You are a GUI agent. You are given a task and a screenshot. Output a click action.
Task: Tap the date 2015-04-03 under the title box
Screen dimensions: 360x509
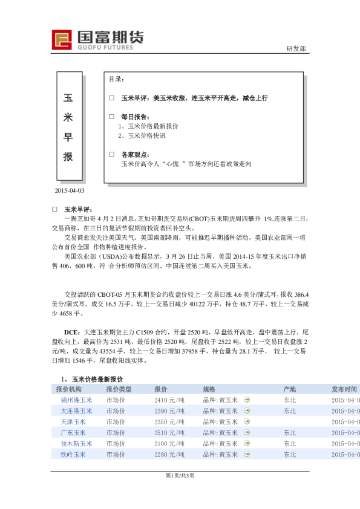[70, 190]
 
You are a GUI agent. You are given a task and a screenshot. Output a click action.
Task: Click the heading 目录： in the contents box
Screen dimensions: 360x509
[116, 79]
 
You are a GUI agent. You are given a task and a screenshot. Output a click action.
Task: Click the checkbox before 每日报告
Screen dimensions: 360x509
[111, 116]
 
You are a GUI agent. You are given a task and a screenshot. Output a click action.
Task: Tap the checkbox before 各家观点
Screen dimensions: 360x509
[111, 154]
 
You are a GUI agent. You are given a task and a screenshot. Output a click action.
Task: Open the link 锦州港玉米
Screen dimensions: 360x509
[77, 400]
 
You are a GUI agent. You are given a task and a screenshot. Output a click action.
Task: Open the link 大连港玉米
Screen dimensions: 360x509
[77, 411]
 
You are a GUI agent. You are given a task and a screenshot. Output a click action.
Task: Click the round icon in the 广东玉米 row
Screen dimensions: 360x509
[246, 433]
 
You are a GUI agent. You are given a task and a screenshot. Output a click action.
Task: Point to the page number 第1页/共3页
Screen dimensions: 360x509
[180, 475]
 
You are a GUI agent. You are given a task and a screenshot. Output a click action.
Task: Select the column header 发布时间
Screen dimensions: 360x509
[344, 389]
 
